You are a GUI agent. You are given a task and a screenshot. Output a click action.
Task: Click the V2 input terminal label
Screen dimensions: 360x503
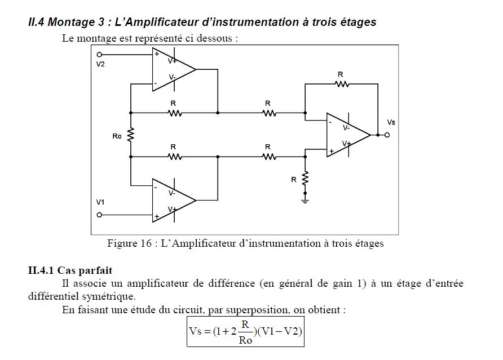[100, 64]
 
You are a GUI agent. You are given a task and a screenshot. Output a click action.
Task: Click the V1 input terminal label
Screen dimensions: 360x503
[100, 202]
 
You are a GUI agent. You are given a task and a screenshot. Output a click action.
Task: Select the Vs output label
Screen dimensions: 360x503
[391, 122]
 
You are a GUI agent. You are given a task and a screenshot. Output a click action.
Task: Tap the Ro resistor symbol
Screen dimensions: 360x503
[131, 135]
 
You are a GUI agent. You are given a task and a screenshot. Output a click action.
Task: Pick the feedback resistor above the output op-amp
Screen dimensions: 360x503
[341, 84]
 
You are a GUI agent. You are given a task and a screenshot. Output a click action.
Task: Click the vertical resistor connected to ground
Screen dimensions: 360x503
[305, 179]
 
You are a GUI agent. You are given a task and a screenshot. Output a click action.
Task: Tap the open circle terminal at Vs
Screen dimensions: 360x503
[387, 135]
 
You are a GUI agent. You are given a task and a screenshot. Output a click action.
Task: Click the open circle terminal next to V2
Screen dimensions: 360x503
[99, 55]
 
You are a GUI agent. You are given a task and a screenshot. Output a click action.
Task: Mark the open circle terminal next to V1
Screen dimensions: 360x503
[99, 215]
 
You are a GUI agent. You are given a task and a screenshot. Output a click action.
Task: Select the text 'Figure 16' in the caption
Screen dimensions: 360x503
[130, 244]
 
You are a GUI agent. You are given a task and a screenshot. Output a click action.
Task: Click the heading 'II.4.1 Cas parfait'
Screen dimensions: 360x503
[70, 270]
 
